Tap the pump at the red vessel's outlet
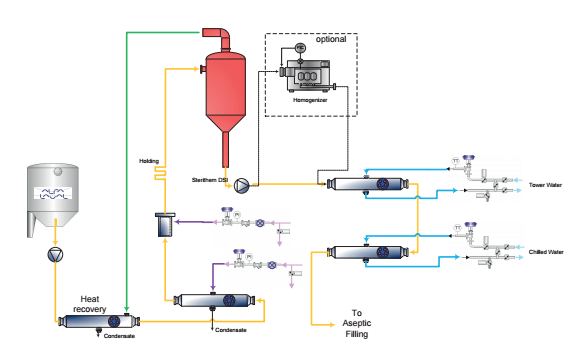point(242,184)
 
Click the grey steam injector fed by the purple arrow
point(162,226)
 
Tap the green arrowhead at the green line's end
point(126,309)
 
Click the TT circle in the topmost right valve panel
point(456,162)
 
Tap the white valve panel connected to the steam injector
point(251,226)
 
